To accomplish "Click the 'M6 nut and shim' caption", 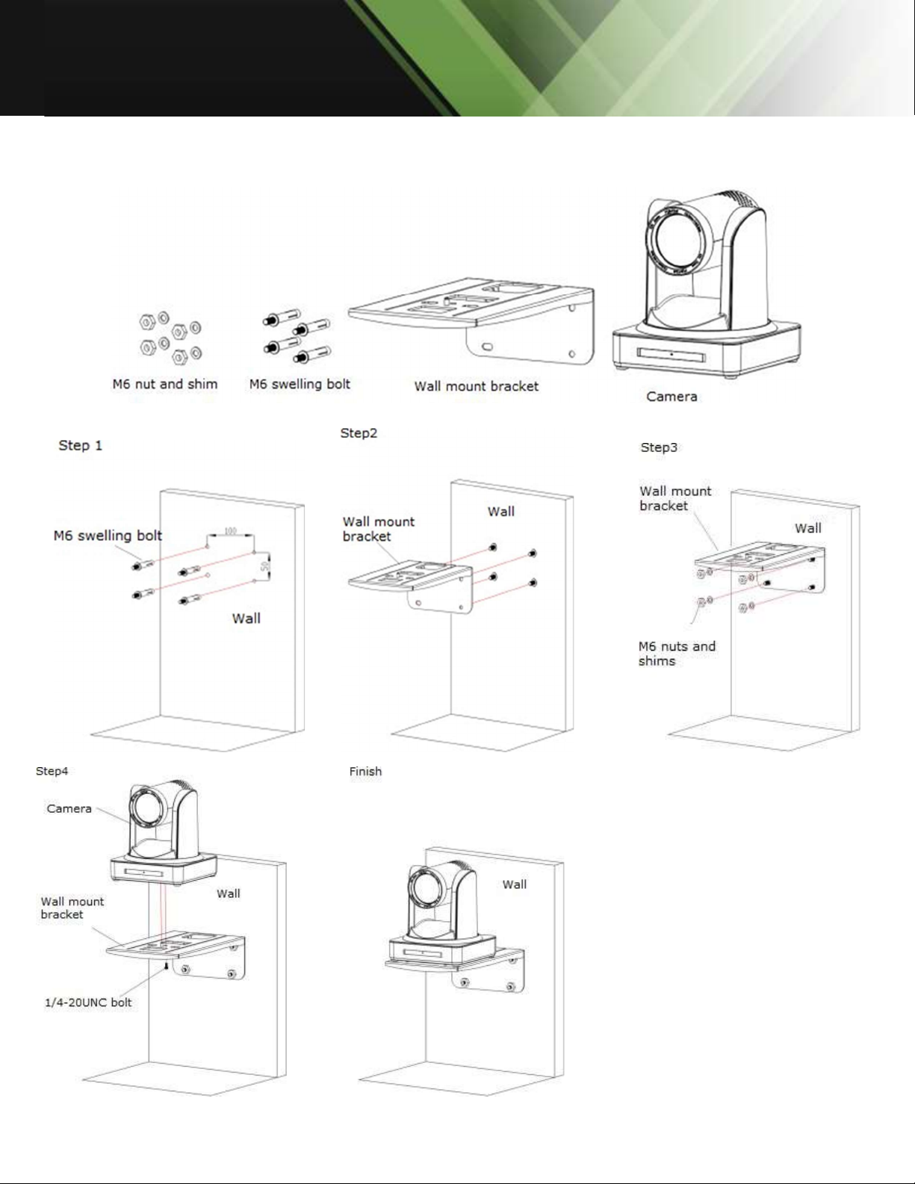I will pyautogui.click(x=165, y=384).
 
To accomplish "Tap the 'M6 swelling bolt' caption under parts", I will pyautogui.click(x=300, y=384).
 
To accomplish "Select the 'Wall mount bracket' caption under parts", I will pyautogui.click(x=477, y=386).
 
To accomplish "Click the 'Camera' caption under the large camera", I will pyautogui.click(x=671, y=397).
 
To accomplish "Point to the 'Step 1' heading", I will pyautogui.click(x=80, y=445).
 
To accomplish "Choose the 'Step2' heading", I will pyautogui.click(x=359, y=433).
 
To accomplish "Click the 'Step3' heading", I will pyautogui.click(x=659, y=447).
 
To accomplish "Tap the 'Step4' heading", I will pyautogui.click(x=52, y=771).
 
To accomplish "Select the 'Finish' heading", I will pyautogui.click(x=365, y=772).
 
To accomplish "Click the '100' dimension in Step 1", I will pyautogui.click(x=230, y=531).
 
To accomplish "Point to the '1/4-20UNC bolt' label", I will pyautogui.click(x=88, y=1002).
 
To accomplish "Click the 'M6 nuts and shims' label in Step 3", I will pyautogui.click(x=677, y=654).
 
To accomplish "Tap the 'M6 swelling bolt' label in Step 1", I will pyautogui.click(x=108, y=536).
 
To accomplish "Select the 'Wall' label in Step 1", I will pyautogui.click(x=246, y=619).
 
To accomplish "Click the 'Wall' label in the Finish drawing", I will pyautogui.click(x=515, y=884).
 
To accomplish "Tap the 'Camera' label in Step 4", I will pyautogui.click(x=69, y=808).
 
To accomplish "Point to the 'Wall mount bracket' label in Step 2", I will pyautogui.click(x=378, y=529).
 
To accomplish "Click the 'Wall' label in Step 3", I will pyautogui.click(x=807, y=528).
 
